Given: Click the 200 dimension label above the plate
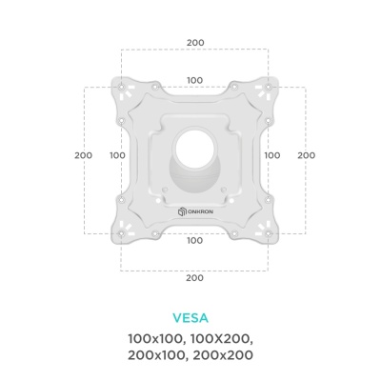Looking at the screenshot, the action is tap(195, 43).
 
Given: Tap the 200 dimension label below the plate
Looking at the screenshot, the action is tap(194, 278).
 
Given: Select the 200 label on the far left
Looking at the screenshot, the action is tap(84, 155).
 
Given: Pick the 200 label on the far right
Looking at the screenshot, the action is tap(307, 155).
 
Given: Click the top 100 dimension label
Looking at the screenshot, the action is tap(194, 80).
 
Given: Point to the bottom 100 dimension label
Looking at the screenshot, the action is tap(194, 240).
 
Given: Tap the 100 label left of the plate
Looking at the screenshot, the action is tap(117, 155).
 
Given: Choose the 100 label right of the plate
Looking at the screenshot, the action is tap(272, 155).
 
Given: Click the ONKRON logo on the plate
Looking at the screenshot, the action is tap(195, 211).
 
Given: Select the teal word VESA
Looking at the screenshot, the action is tap(190, 318).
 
